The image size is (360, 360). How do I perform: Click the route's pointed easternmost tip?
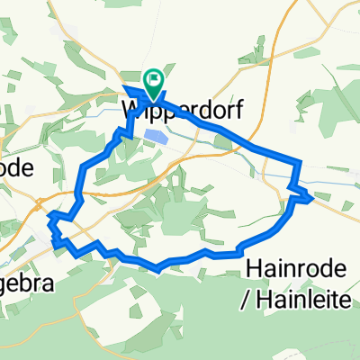pos(312,197)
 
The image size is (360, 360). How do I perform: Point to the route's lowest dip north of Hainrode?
pos(158,267)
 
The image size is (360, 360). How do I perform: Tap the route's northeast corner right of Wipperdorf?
pos(298,162)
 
